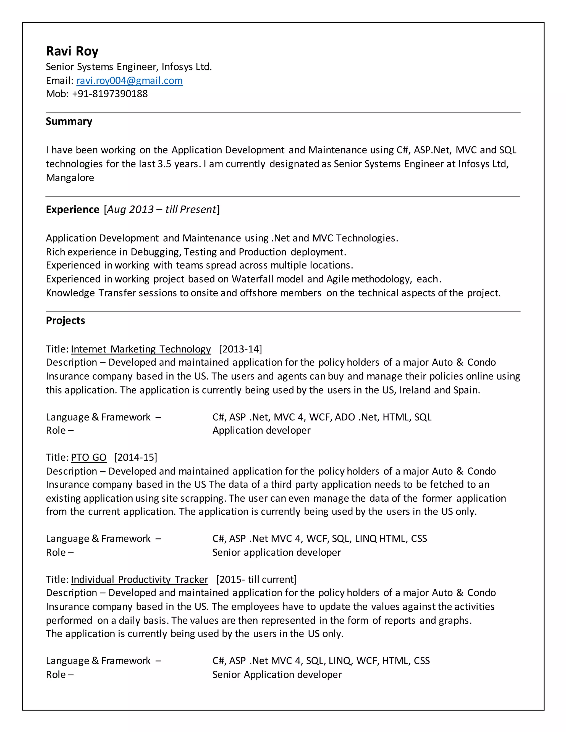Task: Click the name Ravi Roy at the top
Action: point(72,51)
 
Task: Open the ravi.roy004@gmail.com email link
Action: point(129,81)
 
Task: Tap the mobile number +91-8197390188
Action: point(110,94)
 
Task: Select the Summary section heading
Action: point(69,121)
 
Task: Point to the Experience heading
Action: point(72,209)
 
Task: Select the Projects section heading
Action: point(65,321)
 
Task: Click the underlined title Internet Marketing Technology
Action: point(141,349)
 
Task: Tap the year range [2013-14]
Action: point(240,349)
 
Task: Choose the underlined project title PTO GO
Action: point(88,457)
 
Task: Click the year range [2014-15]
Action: point(135,457)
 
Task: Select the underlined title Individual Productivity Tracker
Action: point(139,580)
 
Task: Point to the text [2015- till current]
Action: point(256,580)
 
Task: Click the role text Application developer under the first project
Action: point(261,430)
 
